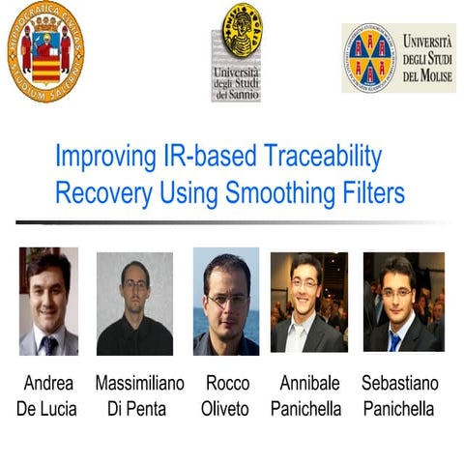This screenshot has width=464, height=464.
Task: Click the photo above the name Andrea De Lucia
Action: (x=48, y=302)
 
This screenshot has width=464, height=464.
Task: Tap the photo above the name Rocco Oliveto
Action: (x=226, y=302)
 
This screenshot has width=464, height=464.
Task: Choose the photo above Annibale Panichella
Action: (x=308, y=302)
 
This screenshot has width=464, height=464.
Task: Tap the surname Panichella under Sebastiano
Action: (x=398, y=409)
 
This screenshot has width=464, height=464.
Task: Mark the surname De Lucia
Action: (x=49, y=409)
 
